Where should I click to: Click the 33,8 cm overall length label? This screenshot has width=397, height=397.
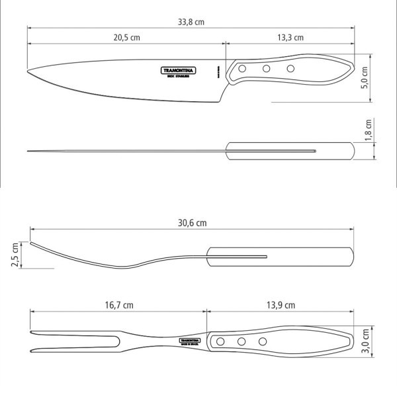pos(190,21)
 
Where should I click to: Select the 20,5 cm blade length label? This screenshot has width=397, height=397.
pos(126,38)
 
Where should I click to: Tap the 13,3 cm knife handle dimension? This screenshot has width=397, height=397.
pos(290,38)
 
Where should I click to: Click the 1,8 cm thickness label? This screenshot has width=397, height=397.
pos(369,132)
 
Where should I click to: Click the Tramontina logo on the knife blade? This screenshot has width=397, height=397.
pos(176,70)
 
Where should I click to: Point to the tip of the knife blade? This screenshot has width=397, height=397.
pos(29,73)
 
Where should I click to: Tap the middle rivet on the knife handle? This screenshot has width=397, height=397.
pos(267,68)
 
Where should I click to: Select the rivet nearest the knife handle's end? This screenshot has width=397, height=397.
pos(290,68)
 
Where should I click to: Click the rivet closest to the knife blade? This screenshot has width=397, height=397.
pos(243,68)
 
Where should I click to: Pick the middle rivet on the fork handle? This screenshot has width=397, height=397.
pos(242,341)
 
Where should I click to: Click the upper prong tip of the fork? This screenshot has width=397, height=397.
pos(32,333)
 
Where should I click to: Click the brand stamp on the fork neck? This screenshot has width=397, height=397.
pos(191,341)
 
